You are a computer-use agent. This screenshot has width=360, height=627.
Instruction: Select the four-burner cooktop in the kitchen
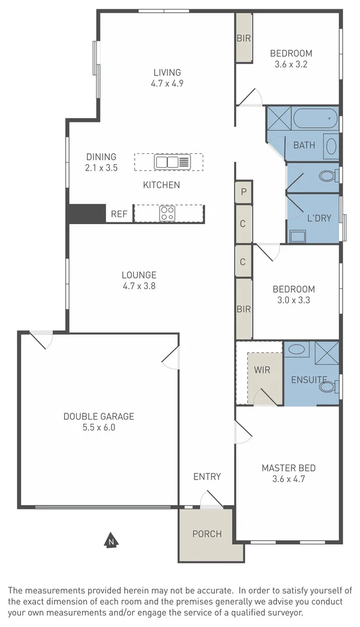(x=167, y=213)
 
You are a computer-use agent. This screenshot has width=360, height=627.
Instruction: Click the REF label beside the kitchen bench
(x=119, y=214)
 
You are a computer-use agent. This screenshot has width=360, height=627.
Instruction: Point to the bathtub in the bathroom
(x=315, y=120)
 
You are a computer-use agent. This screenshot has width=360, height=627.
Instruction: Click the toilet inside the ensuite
(x=329, y=386)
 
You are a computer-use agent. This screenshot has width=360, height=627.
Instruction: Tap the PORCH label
(x=207, y=534)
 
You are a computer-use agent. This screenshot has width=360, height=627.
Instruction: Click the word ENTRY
(x=207, y=477)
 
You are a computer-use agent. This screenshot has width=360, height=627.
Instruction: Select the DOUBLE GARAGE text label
(x=99, y=416)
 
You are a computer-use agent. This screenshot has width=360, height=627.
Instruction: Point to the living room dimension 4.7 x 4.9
(x=167, y=83)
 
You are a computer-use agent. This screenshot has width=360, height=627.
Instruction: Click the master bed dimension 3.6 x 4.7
(x=289, y=479)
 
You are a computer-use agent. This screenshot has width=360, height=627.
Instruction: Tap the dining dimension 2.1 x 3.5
(x=101, y=168)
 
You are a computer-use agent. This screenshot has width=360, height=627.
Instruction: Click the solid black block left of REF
(x=86, y=213)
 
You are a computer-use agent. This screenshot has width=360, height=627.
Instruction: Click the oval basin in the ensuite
(x=296, y=349)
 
